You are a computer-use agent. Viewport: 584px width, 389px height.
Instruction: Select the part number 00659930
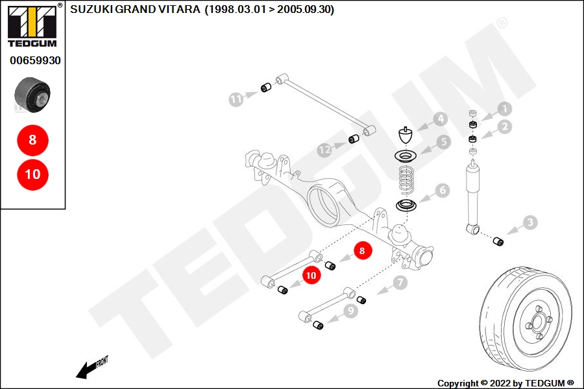[x=36, y=60]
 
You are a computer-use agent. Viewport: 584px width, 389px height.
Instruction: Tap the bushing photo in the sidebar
[x=32, y=95]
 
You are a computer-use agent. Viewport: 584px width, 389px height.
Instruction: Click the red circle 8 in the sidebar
[x=33, y=140]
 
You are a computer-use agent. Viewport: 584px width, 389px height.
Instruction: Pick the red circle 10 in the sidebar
[x=33, y=174]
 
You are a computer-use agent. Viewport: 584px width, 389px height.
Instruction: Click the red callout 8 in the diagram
[x=362, y=251]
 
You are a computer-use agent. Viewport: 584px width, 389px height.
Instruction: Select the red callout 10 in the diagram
[x=311, y=276]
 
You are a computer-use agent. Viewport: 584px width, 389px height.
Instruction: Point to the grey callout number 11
[x=236, y=99]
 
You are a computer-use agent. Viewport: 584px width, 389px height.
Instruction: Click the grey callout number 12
[x=325, y=150]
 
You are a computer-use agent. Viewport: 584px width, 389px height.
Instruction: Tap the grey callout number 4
[x=441, y=119]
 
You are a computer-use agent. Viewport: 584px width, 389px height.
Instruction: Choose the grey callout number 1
[x=505, y=109]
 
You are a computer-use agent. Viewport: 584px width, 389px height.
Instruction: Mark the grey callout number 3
[x=530, y=222]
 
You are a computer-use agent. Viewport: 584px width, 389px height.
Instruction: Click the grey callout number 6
[x=443, y=191]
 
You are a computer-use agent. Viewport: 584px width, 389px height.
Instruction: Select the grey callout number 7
[x=400, y=283]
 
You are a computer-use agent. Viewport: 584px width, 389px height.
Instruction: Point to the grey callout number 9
[x=350, y=311]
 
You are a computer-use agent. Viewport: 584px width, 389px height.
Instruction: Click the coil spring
[x=406, y=180]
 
